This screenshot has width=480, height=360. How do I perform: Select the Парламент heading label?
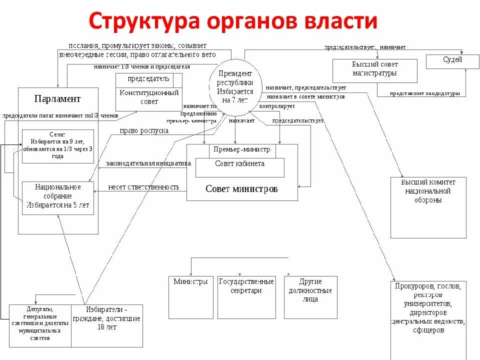tap(57, 98)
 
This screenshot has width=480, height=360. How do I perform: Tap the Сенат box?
tap(57, 146)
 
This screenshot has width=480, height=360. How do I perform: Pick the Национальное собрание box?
tap(57, 198)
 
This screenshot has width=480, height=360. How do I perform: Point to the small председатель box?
tap(148, 79)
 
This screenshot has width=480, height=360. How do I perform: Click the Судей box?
tap(452, 61)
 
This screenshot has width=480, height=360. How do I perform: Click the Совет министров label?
tap(241, 189)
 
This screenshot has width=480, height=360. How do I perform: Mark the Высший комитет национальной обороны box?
tap(428, 207)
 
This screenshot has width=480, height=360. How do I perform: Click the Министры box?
tap(190, 297)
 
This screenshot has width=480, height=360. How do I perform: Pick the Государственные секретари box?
tap(246, 297)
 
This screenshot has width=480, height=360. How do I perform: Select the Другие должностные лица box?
tap(310, 297)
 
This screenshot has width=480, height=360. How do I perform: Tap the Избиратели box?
tap(106, 325)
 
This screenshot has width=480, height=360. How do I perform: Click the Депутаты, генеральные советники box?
tap(40, 325)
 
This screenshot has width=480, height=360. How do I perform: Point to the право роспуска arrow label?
tap(144, 131)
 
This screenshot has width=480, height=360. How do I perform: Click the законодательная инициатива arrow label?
tap(148, 163)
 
